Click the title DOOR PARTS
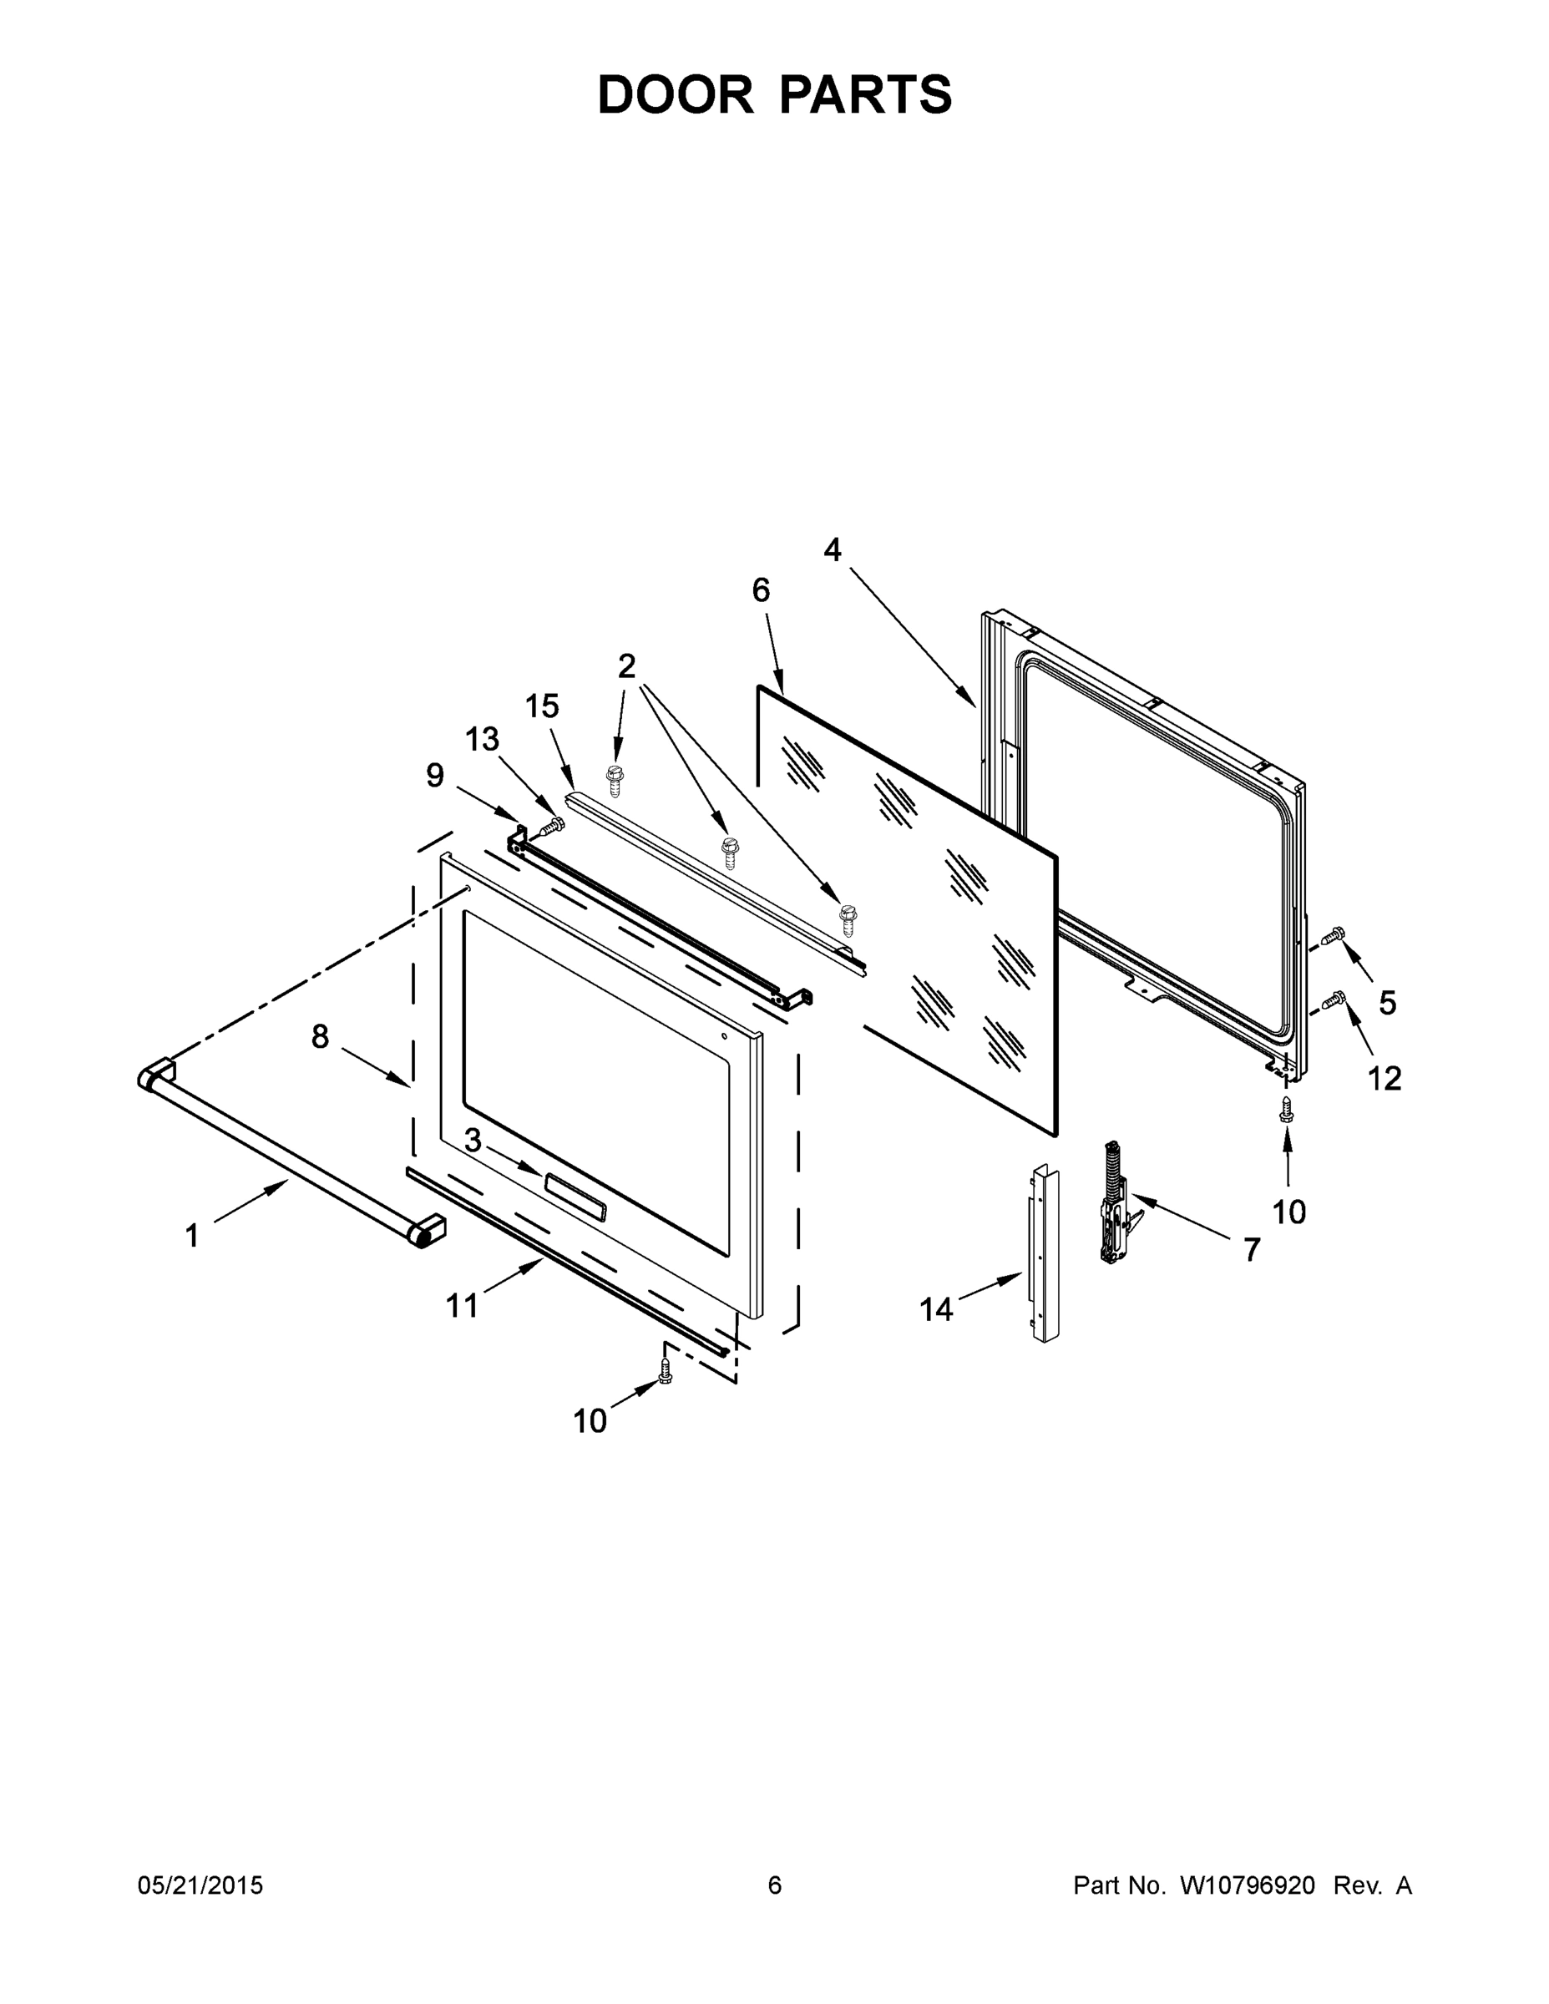point(775,94)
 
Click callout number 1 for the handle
point(192,1236)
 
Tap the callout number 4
point(832,549)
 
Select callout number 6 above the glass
point(761,590)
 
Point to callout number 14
point(936,1309)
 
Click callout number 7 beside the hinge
point(1252,1249)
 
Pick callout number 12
point(1384,1078)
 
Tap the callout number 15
point(541,706)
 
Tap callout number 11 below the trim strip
point(462,1305)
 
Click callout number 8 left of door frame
point(319,1037)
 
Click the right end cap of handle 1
point(428,1230)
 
